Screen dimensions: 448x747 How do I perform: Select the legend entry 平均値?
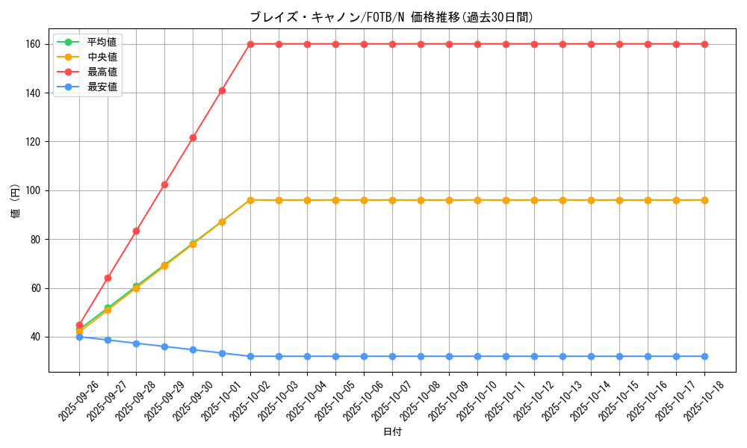click(102, 42)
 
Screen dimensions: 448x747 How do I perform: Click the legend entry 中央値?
click(102, 57)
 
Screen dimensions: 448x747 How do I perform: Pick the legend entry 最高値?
click(102, 72)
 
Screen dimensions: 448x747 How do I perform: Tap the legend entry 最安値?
click(102, 87)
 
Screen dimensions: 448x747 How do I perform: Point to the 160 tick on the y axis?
click(34, 44)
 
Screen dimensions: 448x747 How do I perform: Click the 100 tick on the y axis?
click(34, 190)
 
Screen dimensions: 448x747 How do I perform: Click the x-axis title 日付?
click(392, 432)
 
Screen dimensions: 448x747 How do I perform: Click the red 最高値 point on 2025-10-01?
click(222, 90)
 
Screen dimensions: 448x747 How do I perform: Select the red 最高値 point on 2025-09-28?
click(136, 231)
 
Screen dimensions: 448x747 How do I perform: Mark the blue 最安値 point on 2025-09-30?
click(193, 349)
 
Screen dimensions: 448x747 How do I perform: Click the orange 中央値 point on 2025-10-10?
click(477, 200)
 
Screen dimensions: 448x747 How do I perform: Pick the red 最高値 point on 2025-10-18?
click(704, 44)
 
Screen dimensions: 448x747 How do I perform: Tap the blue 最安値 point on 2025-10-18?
click(704, 356)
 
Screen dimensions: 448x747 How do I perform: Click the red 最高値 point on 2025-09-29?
click(164, 184)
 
